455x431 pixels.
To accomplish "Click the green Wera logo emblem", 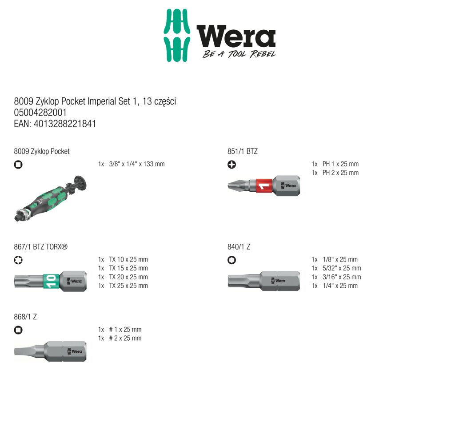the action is coord(177,35).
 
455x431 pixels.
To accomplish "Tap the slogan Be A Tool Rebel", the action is coord(239,54).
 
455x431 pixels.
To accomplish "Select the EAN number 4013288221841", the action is coord(65,124).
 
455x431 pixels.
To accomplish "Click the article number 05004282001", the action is coord(40,113).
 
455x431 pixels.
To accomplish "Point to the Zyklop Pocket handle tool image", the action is coord(51,198).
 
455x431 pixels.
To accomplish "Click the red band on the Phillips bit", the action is coord(264,186).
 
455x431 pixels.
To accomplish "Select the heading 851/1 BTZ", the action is coord(242,151).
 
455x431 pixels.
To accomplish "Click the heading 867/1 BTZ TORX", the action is coord(40,247).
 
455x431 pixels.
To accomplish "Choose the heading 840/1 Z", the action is coord(239,247).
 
